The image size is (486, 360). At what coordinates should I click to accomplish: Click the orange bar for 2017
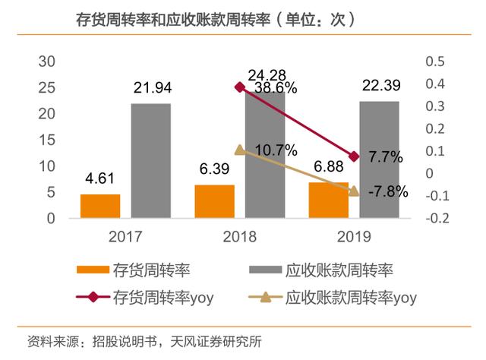tap(100, 206)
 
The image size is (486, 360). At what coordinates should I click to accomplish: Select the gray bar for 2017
tap(151, 161)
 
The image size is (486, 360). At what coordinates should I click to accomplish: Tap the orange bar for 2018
tap(214, 201)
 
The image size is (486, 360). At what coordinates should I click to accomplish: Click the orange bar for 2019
tap(329, 200)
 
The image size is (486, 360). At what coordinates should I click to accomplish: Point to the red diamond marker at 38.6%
tap(240, 87)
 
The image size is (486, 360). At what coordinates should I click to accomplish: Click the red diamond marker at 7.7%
tap(354, 156)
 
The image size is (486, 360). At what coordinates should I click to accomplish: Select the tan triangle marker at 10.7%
tap(240, 150)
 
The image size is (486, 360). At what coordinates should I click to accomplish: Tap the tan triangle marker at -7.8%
tap(354, 191)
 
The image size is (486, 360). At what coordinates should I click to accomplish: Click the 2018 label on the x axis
tap(240, 237)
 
